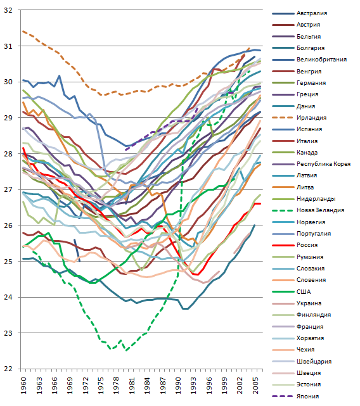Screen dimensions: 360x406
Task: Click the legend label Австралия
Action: point(312,13)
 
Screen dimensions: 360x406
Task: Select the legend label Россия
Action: point(307,245)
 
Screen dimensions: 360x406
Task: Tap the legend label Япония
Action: point(308,396)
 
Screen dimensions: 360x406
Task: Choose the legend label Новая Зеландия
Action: point(320,210)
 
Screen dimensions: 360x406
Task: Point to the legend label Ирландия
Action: point(312,118)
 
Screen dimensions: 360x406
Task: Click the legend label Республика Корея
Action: point(323,164)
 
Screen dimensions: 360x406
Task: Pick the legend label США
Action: point(304,291)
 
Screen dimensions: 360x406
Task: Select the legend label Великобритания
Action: point(321,60)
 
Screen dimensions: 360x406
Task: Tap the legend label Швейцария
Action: point(314,361)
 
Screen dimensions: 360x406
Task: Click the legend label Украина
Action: point(309,303)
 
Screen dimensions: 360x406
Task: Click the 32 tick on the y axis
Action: point(8,10)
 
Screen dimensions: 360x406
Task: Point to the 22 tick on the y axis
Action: point(8,369)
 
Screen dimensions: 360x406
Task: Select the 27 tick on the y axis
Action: point(8,189)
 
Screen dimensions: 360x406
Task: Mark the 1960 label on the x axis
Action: point(23,386)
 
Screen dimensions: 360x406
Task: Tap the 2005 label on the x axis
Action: point(256,386)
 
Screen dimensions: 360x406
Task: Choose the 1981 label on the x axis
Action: point(132,386)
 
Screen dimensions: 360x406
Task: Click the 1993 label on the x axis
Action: point(194,386)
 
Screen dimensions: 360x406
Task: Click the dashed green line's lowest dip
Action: point(127,351)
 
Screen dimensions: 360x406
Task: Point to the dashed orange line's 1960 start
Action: point(23,31)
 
